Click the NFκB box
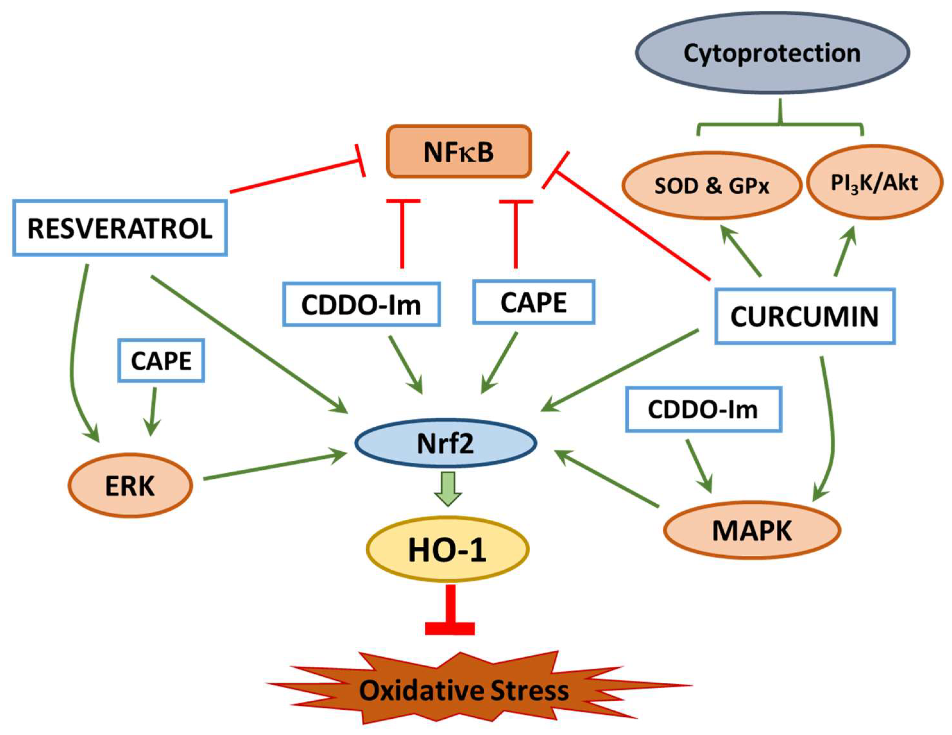(x=459, y=152)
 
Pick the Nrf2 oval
(x=446, y=443)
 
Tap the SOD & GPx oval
(x=711, y=186)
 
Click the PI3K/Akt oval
(x=874, y=183)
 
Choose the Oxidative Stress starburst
(x=464, y=691)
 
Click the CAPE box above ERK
(x=161, y=361)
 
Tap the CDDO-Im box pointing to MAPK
(x=703, y=409)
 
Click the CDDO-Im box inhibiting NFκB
(x=361, y=304)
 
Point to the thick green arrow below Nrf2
(x=448, y=488)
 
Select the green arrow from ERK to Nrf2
(x=275, y=466)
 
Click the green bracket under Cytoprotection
(x=780, y=124)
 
